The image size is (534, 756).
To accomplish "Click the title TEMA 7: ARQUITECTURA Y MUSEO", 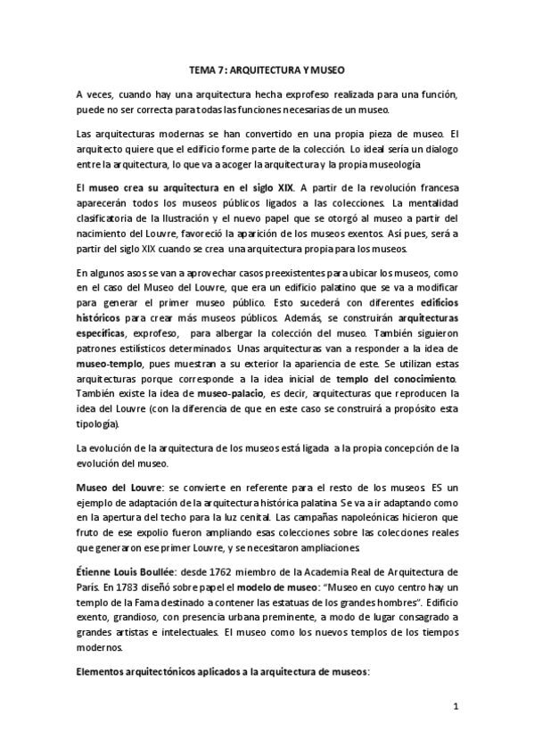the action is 267,69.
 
